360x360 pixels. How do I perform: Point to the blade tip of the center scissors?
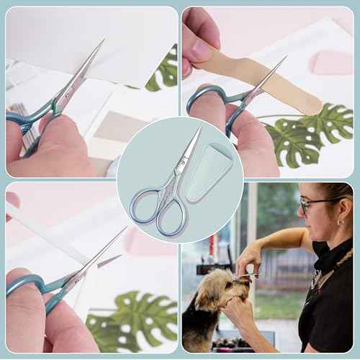[198, 130]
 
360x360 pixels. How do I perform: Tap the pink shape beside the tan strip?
[330, 63]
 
